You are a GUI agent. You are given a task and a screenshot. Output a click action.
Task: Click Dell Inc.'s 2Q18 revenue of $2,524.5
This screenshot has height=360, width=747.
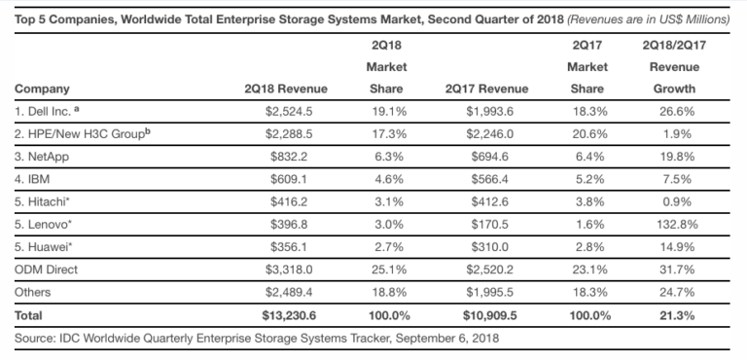pyautogui.click(x=297, y=112)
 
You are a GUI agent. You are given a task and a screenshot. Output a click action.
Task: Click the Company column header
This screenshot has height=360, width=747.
pyautogui.click(x=43, y=89)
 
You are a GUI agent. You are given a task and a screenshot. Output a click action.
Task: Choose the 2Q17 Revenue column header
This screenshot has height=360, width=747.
pyautogui.click(x=479, y=89)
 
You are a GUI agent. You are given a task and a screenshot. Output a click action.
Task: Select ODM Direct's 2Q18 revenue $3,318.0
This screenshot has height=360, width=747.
pyautogui.click(x=297, y=270)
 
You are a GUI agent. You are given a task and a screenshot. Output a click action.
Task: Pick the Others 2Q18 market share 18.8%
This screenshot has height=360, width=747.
pyautogui.click(x=386, y=293)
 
